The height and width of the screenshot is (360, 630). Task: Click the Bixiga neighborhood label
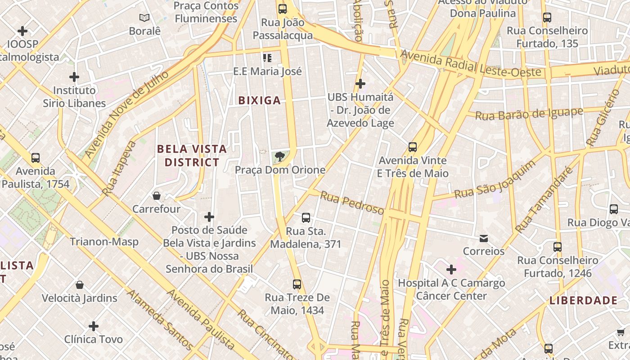260,100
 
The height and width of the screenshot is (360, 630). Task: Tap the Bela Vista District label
192,155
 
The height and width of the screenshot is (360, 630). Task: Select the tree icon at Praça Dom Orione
280,157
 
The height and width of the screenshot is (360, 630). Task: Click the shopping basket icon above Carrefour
157,196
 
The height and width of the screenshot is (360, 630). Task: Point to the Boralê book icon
144,18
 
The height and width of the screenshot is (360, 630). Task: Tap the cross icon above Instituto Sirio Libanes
74,77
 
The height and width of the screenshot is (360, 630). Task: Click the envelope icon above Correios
484,238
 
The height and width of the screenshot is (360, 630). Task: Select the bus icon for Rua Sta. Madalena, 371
306,218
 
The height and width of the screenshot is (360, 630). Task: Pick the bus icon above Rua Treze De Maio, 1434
297,284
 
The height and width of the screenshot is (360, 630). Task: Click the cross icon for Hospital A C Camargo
451,270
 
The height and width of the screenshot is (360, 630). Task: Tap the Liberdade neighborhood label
583,300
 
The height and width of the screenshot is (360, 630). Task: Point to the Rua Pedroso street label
352,203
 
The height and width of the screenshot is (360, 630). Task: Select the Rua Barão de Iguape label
529,114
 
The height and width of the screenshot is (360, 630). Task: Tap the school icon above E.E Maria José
267,58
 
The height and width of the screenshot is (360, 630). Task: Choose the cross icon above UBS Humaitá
360,84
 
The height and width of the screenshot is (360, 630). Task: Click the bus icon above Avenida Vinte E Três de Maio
412,147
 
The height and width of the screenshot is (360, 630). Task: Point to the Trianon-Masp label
104,242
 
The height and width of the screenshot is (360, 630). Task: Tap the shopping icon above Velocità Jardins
80,285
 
